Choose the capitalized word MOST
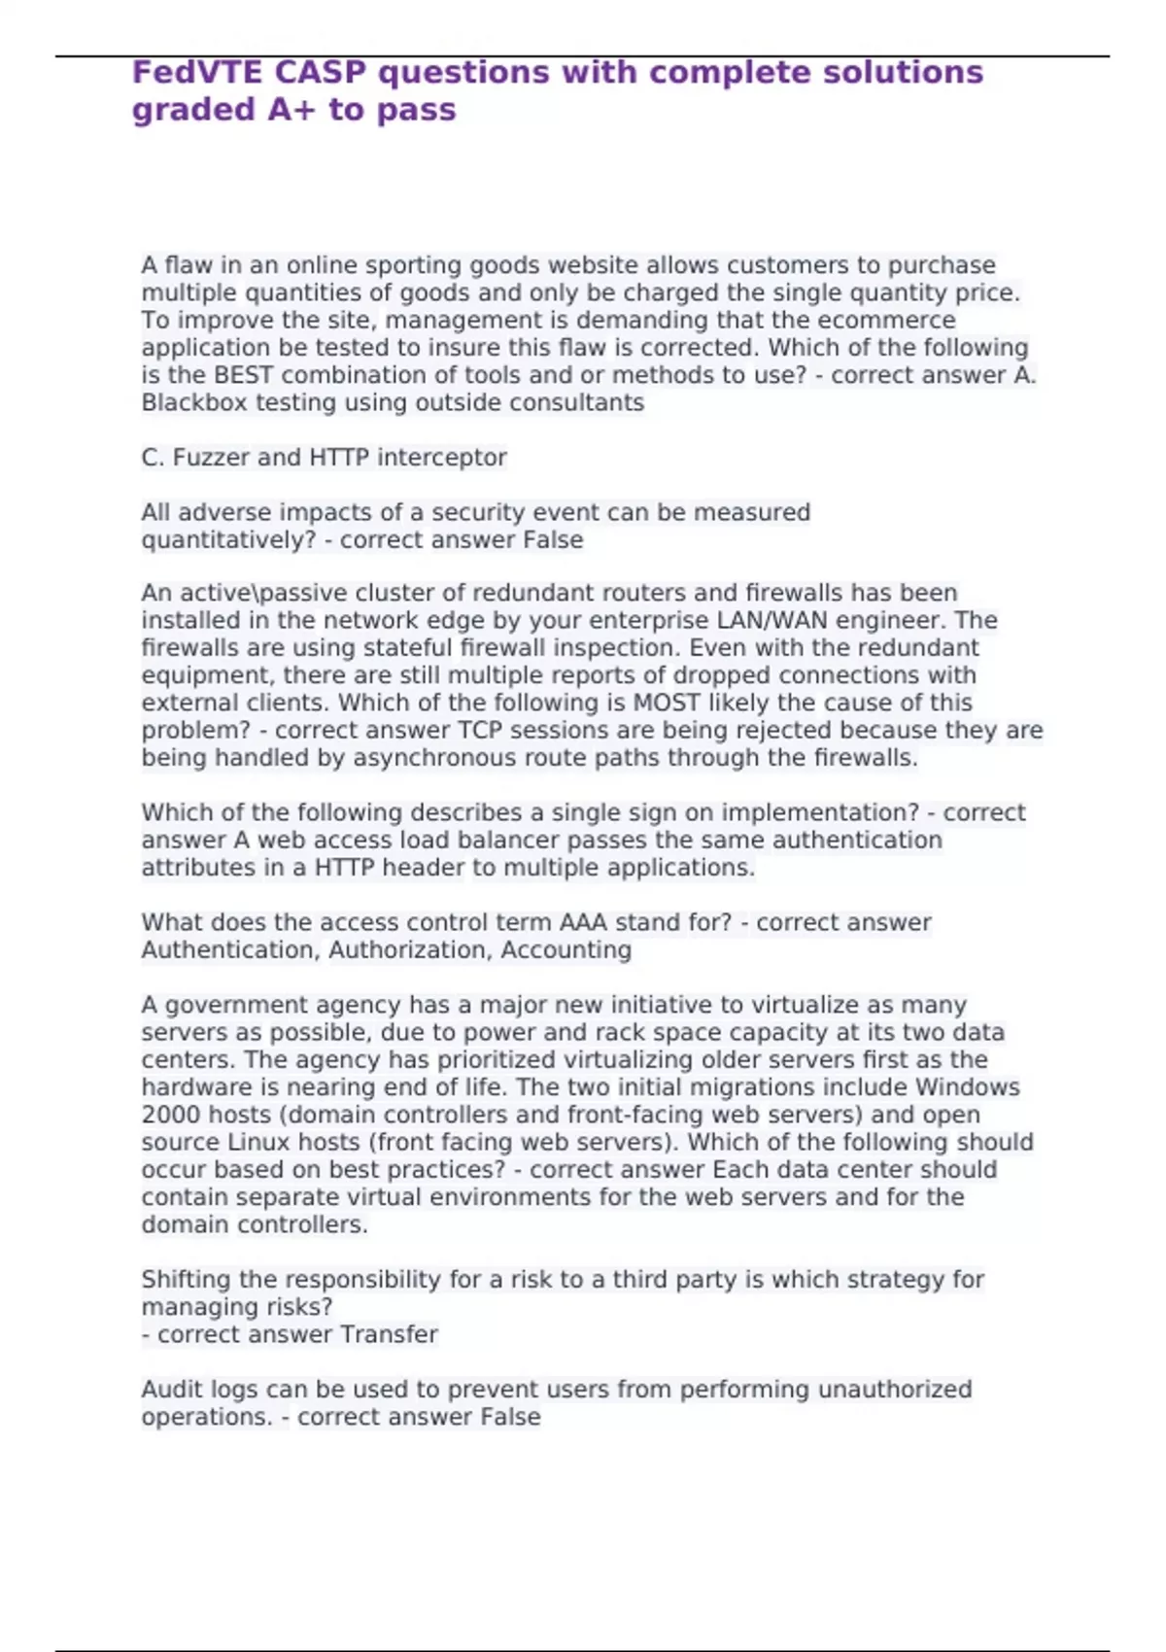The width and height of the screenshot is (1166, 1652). (x=667, y=703)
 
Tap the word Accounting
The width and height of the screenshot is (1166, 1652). (x=566, y=950)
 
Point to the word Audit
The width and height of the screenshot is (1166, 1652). (x=172, y=1390)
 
